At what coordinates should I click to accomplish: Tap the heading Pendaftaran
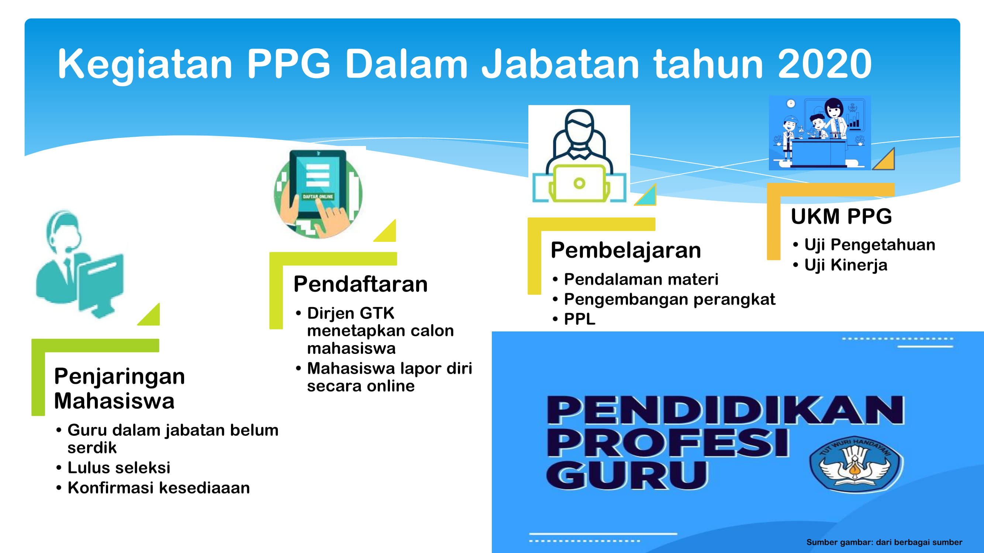coord(360,284)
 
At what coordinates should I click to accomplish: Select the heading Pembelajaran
coord(626,251)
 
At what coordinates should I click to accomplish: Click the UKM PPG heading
coord(841,216)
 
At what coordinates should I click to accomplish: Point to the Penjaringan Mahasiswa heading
coord(120,388)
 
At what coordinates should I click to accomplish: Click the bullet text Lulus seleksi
coord(119,467)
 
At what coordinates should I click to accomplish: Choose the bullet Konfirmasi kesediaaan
coord(159,488)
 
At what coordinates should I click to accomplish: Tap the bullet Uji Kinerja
coord(846,265)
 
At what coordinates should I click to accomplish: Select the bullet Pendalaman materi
coord(641,279)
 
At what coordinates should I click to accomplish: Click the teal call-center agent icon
coord(80,264)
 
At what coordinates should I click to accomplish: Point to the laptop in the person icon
coord(579,183)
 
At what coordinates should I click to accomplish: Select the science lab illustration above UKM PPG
coord(820,133)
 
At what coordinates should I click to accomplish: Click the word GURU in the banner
coord(627,475)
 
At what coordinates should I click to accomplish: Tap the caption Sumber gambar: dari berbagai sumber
coord(884,542)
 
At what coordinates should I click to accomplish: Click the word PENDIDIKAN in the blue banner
coord(725,410)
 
